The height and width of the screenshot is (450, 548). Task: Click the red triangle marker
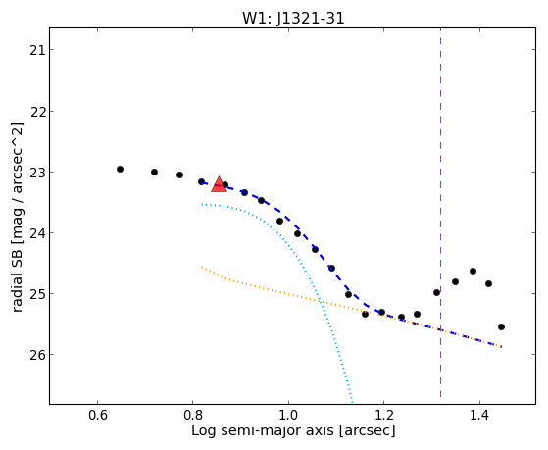(x=220, y=184)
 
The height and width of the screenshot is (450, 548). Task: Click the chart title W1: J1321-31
(x=293, y=19)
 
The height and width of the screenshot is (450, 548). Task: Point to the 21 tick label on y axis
(x=37, y=50)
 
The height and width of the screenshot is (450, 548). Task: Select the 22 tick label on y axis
(x=37, y=112)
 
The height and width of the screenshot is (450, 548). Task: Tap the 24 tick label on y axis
(x=37, y=233)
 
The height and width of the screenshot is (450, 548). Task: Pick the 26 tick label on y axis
(x=37, y=355)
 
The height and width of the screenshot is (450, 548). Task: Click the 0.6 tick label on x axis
(x=97, y=415)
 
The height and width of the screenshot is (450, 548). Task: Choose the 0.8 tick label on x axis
(x=193, y=415)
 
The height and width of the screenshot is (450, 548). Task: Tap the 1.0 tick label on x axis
(x=288, y=415)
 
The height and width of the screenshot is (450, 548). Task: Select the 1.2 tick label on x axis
(x=383, y=415)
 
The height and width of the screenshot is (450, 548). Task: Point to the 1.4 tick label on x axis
(x=479, y=415)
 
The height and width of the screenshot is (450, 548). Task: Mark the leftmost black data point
(x=120, y=170)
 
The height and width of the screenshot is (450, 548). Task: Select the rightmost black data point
(x=501, y=326)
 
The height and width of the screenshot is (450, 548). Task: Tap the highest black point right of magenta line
(x=473, y=271)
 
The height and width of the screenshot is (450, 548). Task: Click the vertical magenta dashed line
(x=440, y=213)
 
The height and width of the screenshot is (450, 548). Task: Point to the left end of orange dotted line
(x=202, y=267)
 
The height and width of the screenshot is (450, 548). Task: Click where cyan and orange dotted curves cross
(x=321, y=302)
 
